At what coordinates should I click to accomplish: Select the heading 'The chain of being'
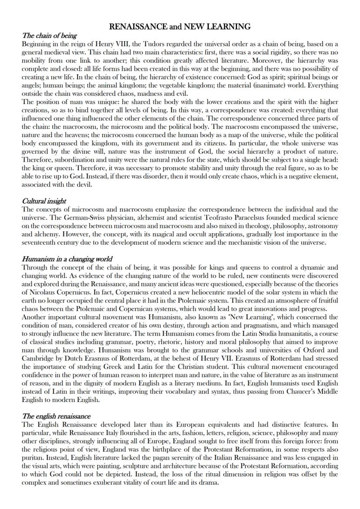pyautogui.click(x=49, y=36)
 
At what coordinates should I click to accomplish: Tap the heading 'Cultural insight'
pyautogui.click(x=44, y=201)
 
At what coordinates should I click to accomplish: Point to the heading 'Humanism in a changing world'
pyautogui.click(x=67, y=259)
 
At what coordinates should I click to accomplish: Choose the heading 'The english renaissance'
pyautogui.click(x=56, y=416)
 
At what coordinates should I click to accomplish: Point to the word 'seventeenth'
pyautogui.click(x=39, y=242)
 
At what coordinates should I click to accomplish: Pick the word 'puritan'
pyautogui.click(x=32, y=458)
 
